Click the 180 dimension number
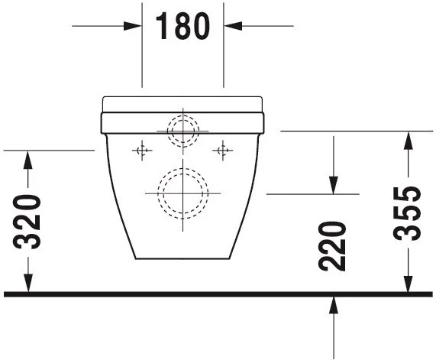click(182, 26)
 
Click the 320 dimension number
click(27, 222)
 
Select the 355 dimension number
click(407, 213)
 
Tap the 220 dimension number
click(333, 246)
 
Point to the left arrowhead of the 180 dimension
click(133, 26)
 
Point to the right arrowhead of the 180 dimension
click(233, 26)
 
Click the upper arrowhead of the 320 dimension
click(27, 160)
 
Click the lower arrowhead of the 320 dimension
click(27, 283)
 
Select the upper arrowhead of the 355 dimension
click(408, 141)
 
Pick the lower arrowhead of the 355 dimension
click(408, 284)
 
